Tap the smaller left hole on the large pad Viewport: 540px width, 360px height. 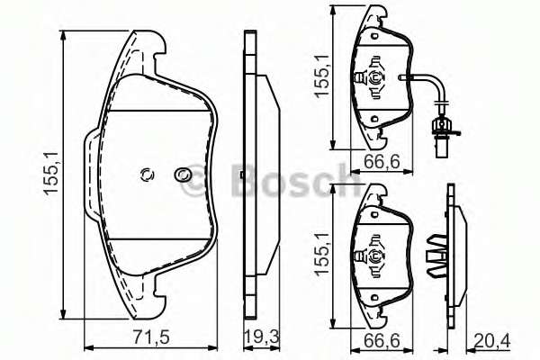pos(148,175)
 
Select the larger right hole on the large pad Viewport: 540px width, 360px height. pos(183,174)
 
